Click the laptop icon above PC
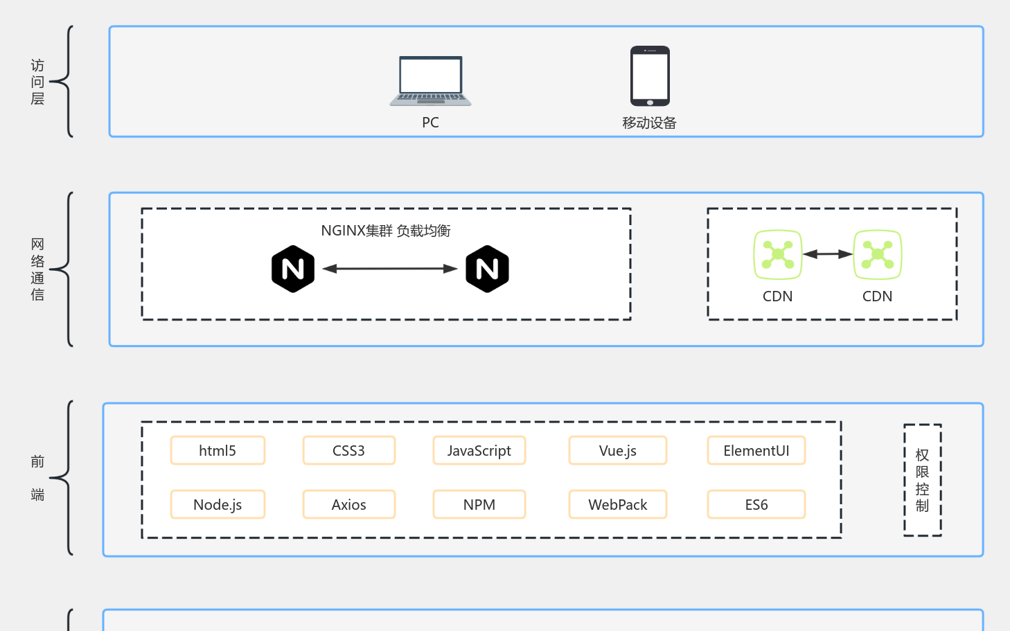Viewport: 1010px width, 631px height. coord(430,81)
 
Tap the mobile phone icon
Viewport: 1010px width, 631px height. coord(650,76)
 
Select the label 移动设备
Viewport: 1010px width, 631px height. coord(649,123)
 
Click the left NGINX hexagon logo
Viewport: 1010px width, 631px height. coord(293,269)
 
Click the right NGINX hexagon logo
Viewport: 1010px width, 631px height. coord(487,269)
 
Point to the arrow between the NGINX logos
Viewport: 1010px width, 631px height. coord(390,269)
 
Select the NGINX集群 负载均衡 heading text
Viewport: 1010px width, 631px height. coord(385,231)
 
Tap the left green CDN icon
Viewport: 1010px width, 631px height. coord(777,255)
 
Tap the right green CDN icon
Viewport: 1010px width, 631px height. coord(877,255)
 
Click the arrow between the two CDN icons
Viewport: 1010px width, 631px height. coord(827,254)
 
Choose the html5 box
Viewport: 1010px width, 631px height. coord(218,450)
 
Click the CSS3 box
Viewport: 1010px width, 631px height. coord(348,450)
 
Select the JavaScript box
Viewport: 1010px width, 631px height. coord(479,450)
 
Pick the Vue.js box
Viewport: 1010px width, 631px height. coord(617,450)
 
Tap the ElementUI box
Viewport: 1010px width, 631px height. coord(756,450)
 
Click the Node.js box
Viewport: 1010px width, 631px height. coord(218,504)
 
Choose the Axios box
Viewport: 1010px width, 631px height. coord(348,504)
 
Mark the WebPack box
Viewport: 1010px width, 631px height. coord(617,504)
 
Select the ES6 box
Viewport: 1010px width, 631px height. coord(756,504)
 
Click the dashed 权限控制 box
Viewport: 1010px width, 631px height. coord(922,480)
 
